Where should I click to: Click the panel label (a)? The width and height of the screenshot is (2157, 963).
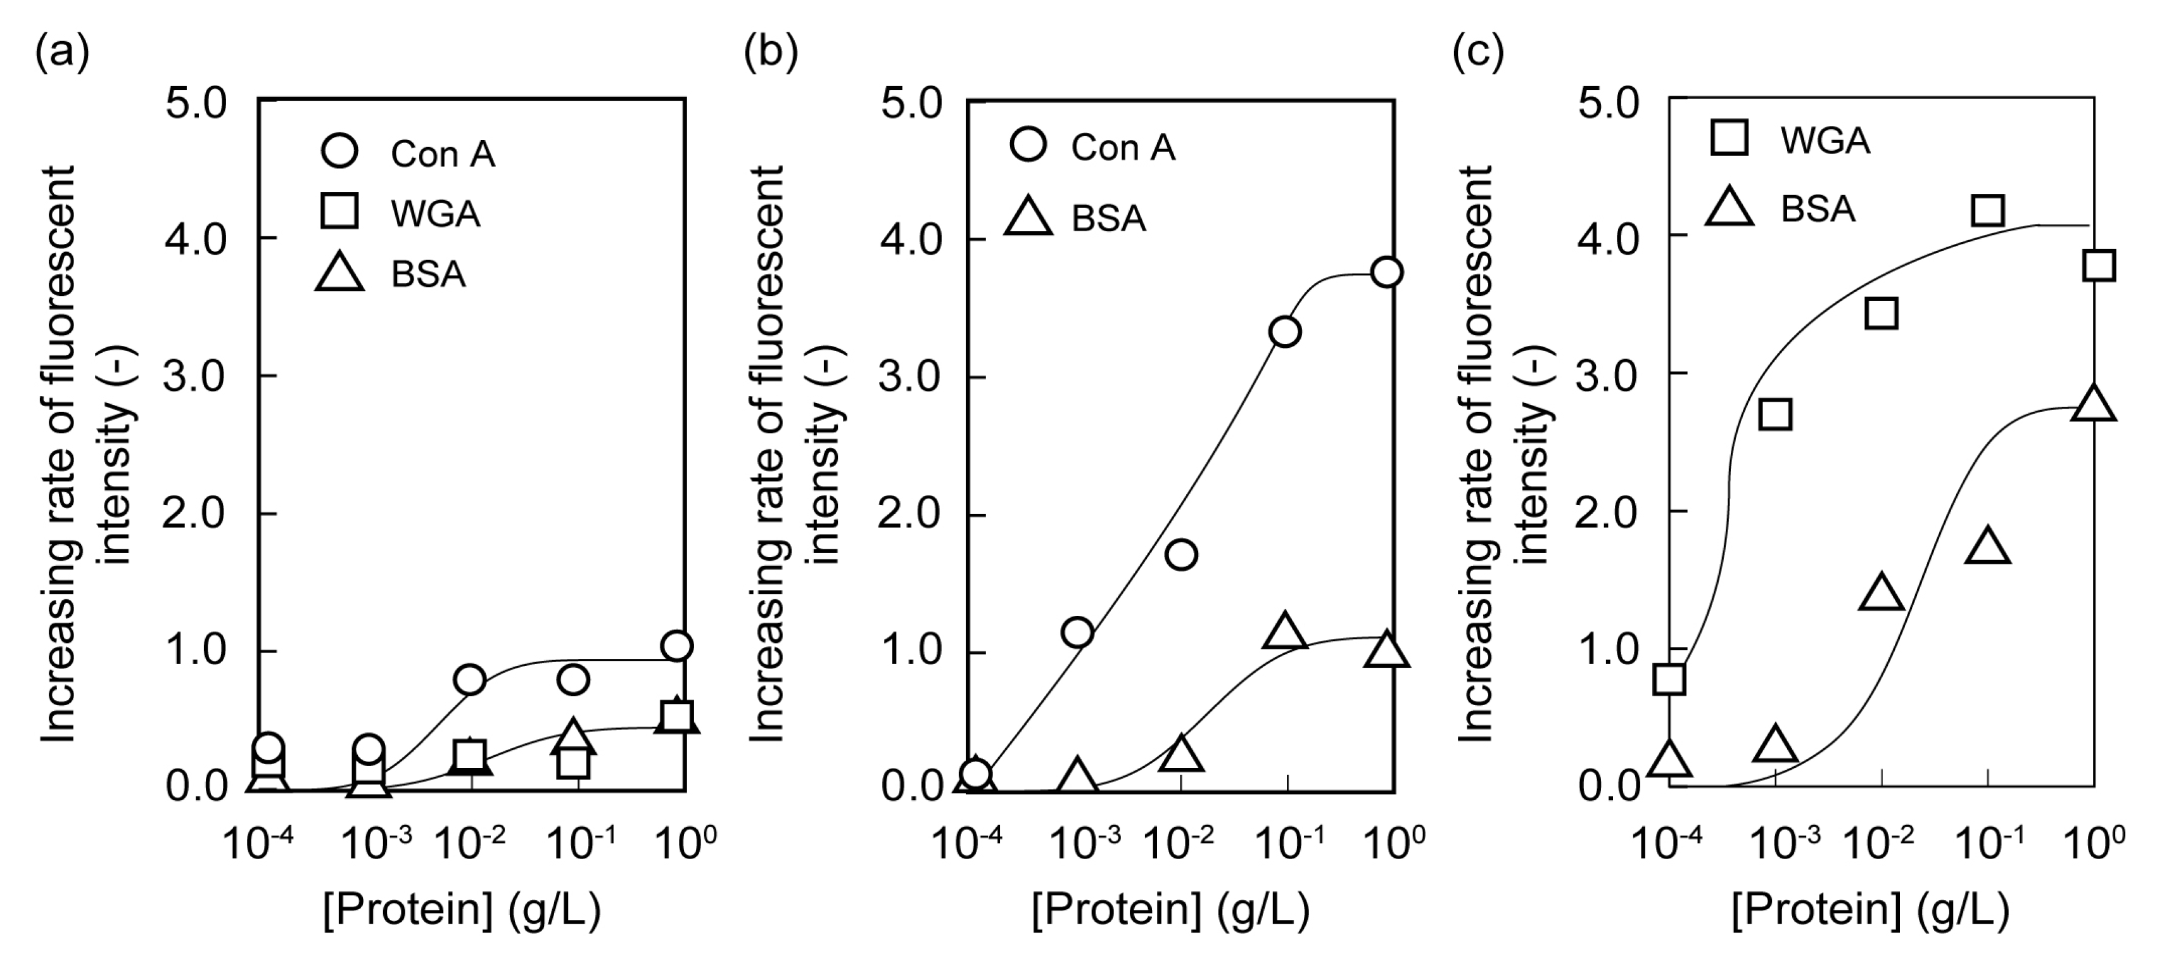click(62, 53)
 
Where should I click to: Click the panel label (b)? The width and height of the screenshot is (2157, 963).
click(770, 53)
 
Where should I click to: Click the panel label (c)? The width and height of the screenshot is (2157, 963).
click(1478, 53)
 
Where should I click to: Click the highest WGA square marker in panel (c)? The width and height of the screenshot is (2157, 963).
click(1987, 210)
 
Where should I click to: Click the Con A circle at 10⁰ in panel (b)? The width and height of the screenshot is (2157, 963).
click(1388, 272)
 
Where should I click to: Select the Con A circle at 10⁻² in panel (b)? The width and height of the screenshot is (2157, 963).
click(1180, 554)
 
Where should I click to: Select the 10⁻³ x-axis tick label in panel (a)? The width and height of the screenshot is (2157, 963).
click(376, 843)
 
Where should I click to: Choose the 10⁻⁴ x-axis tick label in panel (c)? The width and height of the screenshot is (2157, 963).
click(1666, 843)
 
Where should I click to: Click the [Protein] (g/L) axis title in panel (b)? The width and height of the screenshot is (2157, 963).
click(1170, 909)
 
